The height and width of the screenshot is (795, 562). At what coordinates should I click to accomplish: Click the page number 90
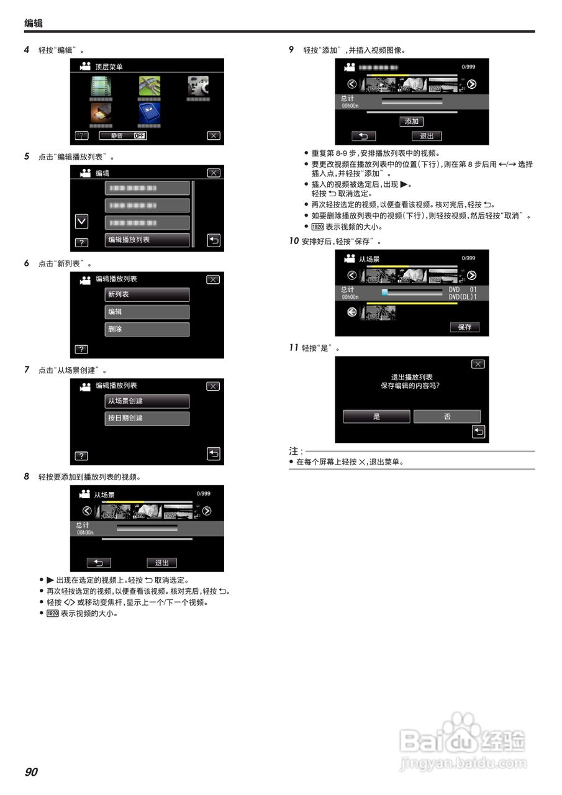(31, 772)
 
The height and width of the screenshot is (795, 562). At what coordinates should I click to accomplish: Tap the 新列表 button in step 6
(147, 294)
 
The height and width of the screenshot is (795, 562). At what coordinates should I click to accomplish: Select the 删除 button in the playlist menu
(147, 329)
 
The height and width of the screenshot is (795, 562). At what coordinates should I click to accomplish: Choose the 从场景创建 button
(147, 401)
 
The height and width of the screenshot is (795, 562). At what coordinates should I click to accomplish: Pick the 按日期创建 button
(147, 418)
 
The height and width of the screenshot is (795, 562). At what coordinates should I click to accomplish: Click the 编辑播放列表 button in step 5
(147, 240)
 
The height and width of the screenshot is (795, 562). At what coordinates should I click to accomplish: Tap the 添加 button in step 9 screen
(411, 122)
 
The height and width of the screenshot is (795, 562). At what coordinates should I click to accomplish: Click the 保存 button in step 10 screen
(465, 327)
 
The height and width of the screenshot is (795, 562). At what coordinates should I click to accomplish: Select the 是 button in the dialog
(376, 416)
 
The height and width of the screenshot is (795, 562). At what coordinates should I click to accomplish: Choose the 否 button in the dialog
(447, 416)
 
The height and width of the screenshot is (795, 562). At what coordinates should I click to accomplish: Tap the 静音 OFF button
(123, 135)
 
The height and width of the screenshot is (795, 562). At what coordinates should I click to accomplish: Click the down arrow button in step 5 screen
(81, 222)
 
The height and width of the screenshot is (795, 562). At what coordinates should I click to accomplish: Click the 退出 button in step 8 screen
(162, 563)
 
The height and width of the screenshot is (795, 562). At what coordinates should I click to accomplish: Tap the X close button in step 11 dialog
(478, 364)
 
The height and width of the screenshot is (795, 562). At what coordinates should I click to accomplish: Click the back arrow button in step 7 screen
(214, 454)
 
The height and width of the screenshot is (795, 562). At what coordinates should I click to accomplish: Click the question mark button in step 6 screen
(81, 349)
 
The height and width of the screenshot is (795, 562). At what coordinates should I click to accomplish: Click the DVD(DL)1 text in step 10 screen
(463, 297)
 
